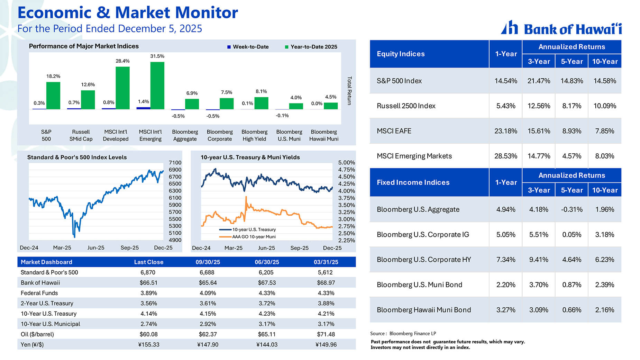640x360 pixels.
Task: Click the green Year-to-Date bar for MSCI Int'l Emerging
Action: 157,85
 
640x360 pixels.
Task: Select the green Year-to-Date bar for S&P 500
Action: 53,96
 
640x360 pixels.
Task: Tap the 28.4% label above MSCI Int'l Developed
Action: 122,61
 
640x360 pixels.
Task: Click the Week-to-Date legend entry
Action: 248,47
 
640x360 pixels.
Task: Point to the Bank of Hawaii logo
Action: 561,28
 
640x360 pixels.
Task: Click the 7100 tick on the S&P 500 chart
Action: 175,163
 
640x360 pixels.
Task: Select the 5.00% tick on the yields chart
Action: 346,163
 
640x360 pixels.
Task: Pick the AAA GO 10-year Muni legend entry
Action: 254,237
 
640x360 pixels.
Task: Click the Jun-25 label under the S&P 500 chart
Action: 95,248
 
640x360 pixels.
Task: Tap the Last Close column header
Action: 148,262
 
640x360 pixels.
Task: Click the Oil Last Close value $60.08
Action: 148,334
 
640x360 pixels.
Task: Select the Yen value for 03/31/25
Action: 326,345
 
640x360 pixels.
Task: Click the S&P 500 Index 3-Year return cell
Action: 538,81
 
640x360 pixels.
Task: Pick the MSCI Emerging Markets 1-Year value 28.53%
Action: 505,156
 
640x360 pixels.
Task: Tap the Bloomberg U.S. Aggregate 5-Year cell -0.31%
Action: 572,209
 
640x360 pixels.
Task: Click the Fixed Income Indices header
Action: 413,182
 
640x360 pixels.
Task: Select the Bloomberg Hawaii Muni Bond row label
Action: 423,310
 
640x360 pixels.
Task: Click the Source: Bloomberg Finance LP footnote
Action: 403,334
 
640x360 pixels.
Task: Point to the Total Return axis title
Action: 349,91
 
